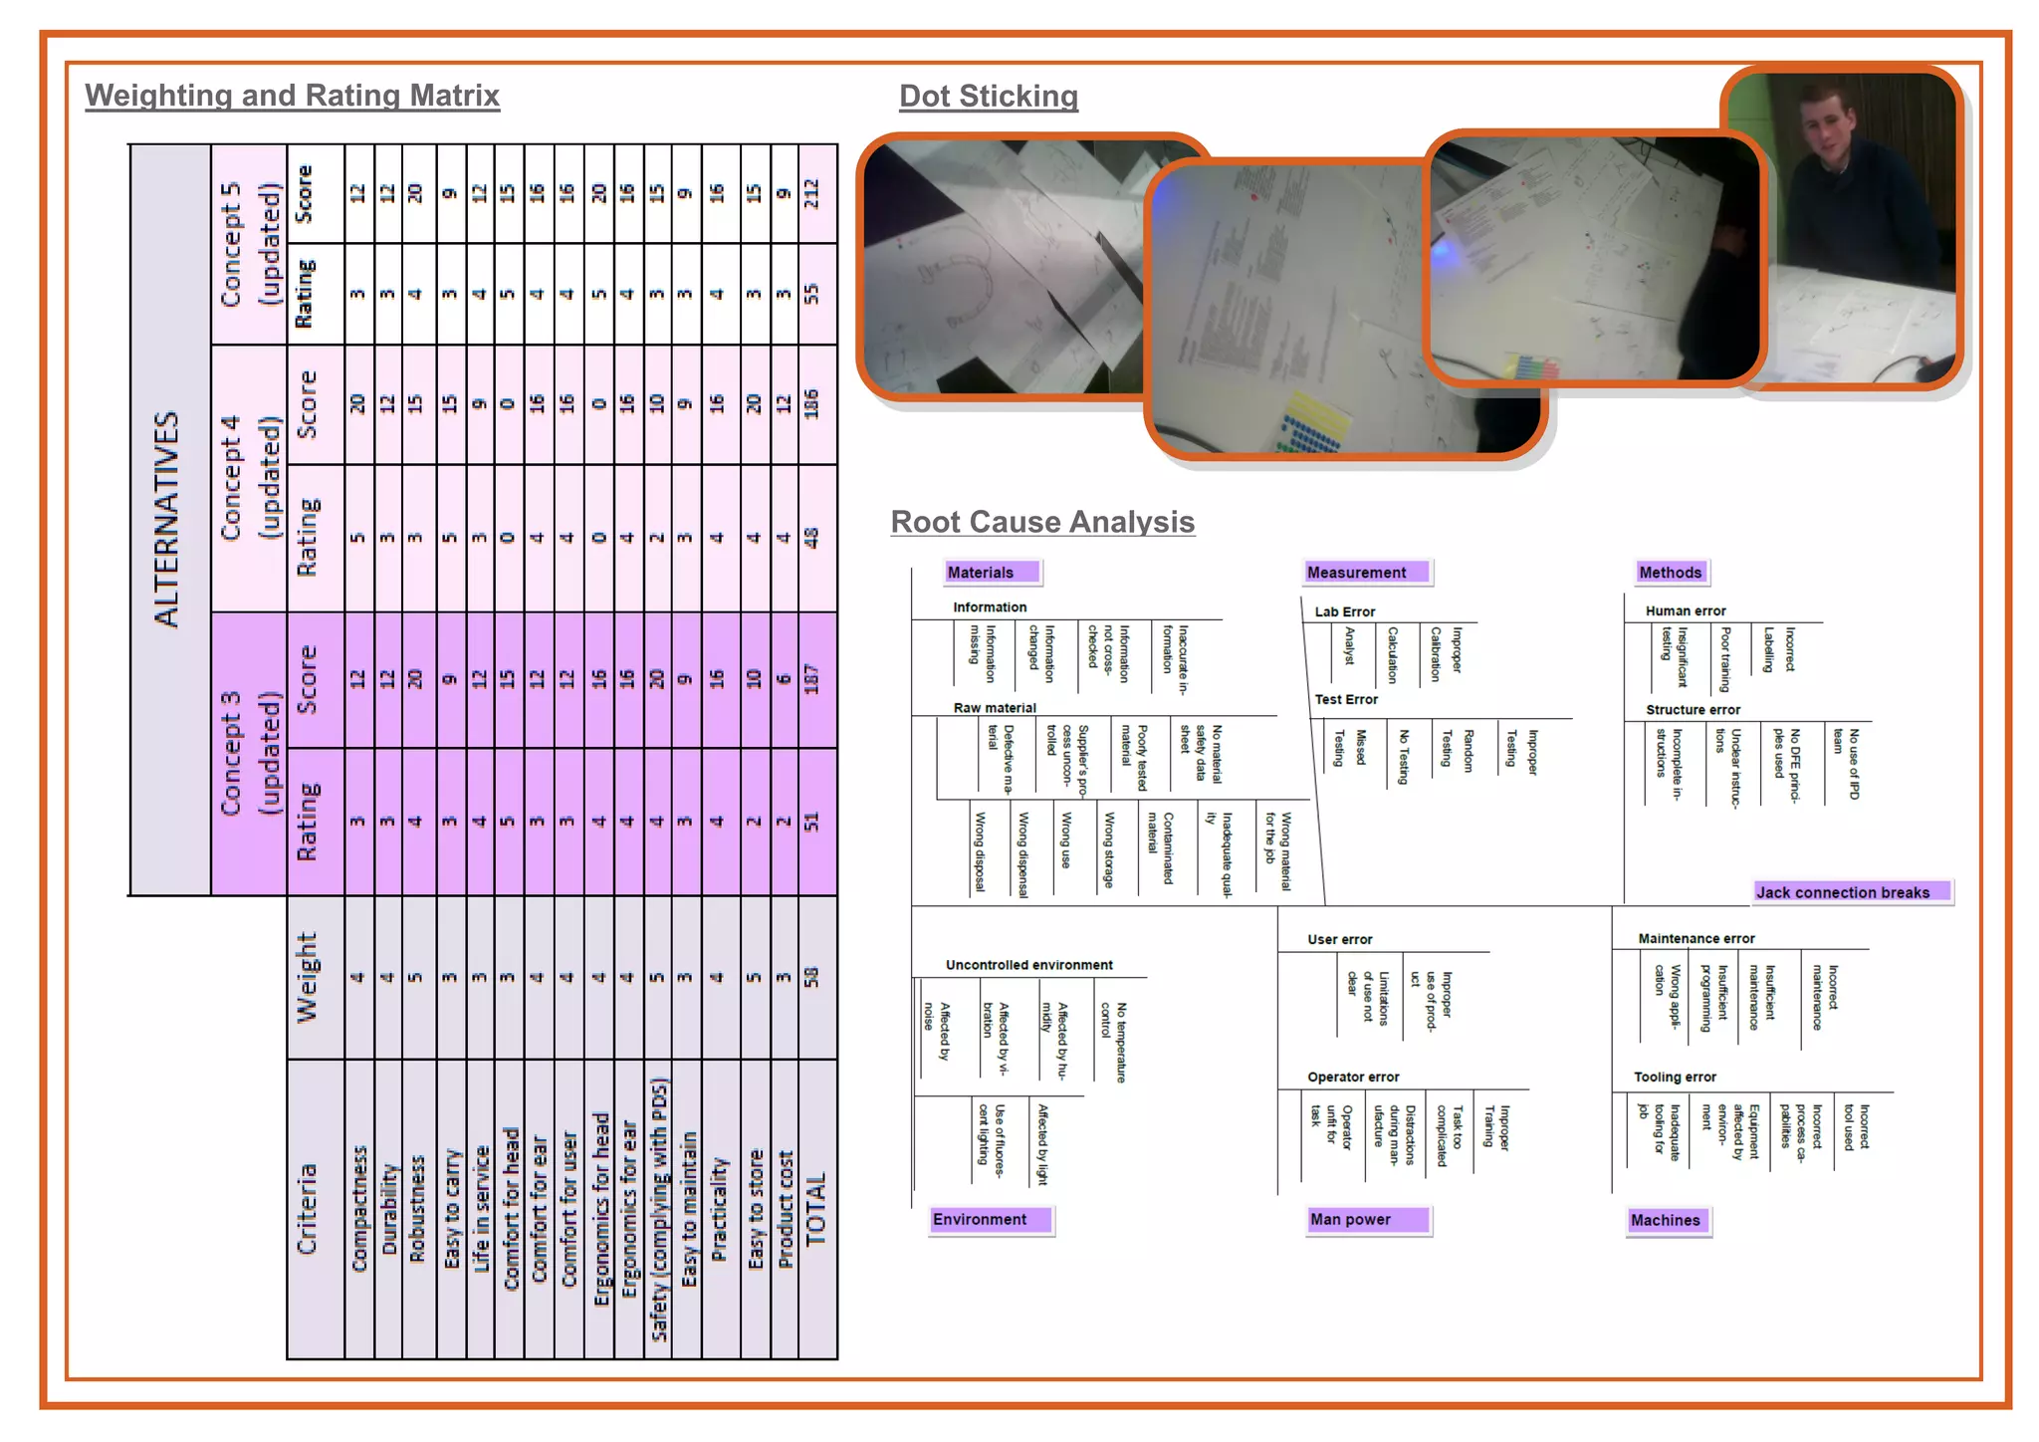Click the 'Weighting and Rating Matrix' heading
(x=292, y=96)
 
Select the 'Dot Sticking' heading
(x=988, y=97)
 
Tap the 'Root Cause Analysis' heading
(x=1041, y=522)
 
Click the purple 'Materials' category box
(x=991, y=573)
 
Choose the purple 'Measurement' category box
(x=1364, y=573)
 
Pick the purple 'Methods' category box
(x=1671, y=573)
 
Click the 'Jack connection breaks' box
(x=1849, y=892)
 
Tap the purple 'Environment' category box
(x=989, y=1219)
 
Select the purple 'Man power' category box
(x=1366, y=1219)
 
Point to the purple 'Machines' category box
(x=1667, y=1220)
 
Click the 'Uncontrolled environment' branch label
(x=1028, y=965)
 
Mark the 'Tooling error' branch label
(x=1675, y=1077)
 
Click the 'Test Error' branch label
(x=1346, y=700)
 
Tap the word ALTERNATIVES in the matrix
(x=167, y=519)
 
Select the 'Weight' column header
(x=307, y=977)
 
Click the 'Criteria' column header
(x=307, y=1208)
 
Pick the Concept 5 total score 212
(x=812, y=193)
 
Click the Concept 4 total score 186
(x=812, y=403)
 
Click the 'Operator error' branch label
(x=1353, y=1077)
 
